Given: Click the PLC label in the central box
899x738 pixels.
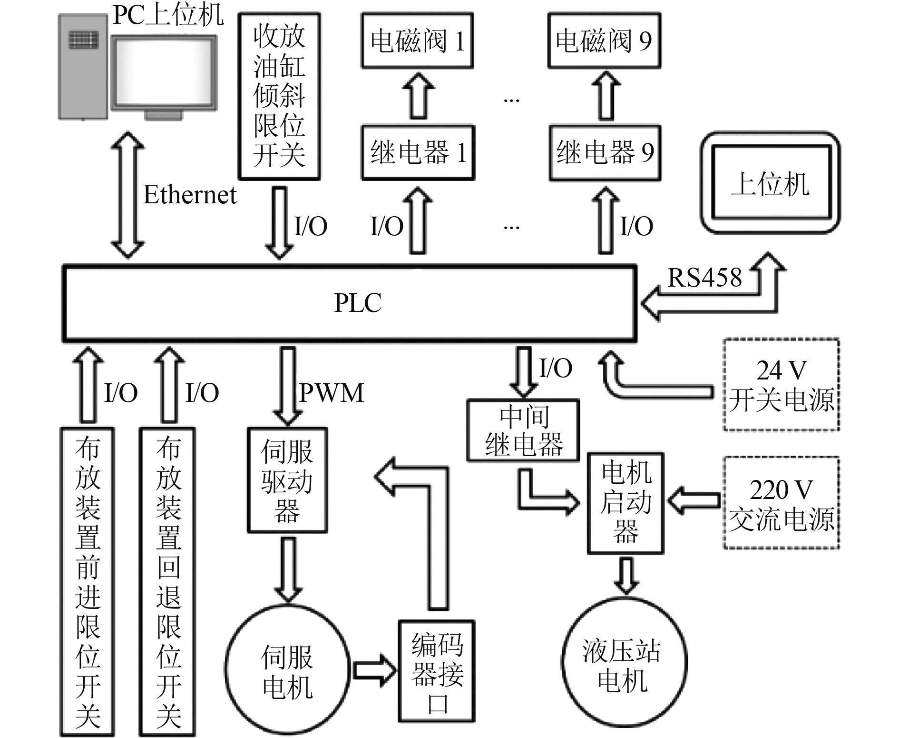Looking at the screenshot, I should coord(358,303).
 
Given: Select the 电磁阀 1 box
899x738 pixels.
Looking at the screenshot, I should coord(417,40).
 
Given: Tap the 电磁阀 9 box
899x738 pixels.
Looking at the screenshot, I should coord(604,40).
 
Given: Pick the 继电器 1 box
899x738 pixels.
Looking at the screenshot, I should coord(418,152).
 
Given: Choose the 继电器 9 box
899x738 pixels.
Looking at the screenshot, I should coord(605,152).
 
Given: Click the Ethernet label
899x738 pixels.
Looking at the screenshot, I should coord(190,195).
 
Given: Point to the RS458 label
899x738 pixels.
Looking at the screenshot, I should coord(704,278).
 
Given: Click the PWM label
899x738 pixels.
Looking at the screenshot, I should coord(332,393).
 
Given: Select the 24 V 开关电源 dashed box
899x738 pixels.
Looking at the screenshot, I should coord(781,385).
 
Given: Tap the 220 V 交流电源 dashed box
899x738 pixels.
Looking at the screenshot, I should coord(781,503).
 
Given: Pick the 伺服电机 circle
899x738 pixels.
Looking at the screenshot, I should coord(287,671).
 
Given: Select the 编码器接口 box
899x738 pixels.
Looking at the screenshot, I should coord(437,671).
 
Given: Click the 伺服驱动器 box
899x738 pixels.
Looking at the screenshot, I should coord(287,480).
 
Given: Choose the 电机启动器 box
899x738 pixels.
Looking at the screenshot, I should coord(625,503).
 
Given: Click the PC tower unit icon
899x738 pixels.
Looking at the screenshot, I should coord(83,67).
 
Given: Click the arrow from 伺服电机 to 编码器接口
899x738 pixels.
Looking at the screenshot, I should coord(374,670).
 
